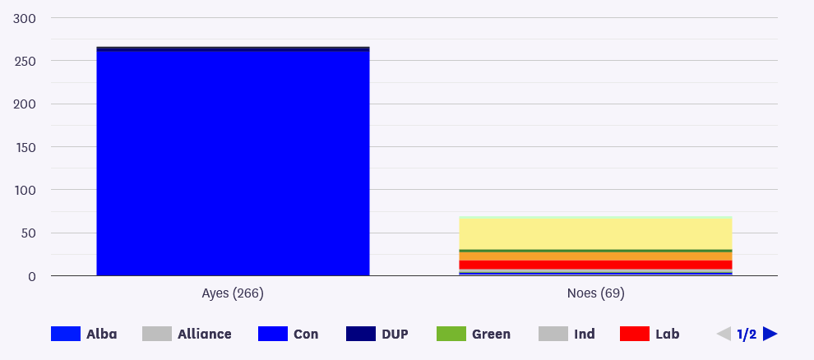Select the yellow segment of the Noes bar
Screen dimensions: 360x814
coord(595,233)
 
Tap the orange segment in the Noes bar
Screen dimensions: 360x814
coord(595,256)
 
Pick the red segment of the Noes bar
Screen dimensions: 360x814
coord(595,265)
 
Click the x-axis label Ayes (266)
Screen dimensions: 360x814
coord(233,293)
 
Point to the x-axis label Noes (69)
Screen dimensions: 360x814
coord(595,293)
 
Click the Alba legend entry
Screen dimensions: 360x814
coord(84,334)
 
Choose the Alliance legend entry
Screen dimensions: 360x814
coord(187,334)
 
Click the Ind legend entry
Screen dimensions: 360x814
coord(567,334)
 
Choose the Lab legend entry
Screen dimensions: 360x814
coord(650,334)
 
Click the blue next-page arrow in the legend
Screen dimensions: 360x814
coord(770,334)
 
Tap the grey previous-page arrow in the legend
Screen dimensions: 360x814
coord(724,334)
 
